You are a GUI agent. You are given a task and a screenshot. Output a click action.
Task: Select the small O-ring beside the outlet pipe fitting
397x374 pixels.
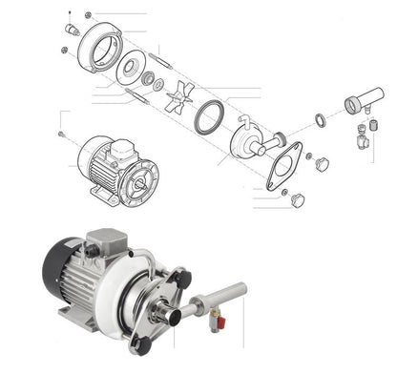point(319,121)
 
